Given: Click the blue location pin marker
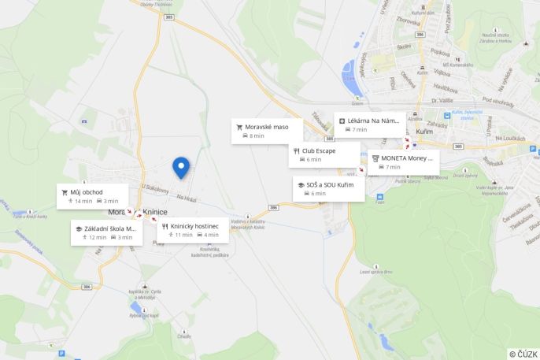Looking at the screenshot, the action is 181,167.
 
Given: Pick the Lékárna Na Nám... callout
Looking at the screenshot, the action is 369,124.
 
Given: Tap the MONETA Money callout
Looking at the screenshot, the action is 402,161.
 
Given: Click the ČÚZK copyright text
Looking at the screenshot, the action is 523,354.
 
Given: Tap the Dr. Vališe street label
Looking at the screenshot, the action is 443,101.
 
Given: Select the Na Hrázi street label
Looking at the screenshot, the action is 186,198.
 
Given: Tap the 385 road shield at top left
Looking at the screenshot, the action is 169,17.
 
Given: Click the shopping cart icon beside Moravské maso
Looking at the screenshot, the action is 239,126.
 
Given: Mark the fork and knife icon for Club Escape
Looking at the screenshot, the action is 296,150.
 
